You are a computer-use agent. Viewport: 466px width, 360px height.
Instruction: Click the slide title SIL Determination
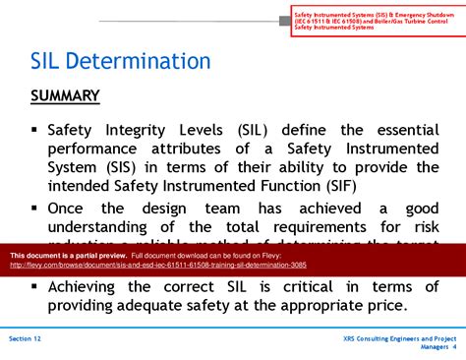(120, 62)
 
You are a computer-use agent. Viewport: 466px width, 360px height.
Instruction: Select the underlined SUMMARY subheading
(65, 95)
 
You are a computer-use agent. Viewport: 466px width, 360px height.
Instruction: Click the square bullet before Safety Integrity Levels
(34, 129)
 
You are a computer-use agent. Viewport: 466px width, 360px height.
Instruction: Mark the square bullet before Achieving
(34, 285)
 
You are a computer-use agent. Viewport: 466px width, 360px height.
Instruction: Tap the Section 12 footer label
(25, 337)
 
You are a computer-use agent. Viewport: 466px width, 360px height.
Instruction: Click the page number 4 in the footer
(455, 346)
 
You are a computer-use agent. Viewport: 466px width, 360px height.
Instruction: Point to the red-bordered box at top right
(376, 18)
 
